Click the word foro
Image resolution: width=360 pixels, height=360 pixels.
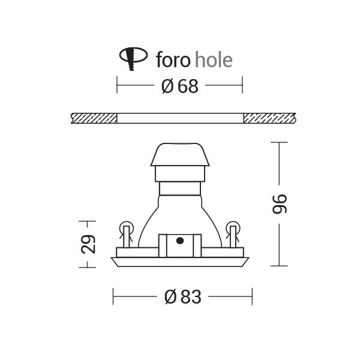click(x=173, y=59)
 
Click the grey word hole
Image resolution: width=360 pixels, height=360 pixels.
click(x=214, y=59)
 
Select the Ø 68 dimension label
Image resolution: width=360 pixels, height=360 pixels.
click(x=179, y=86)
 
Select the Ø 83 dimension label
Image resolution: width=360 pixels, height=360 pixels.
click(x=182, y=296)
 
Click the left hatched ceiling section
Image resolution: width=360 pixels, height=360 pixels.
click(x=93, y=118)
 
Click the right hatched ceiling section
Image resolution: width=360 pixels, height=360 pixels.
click(x=269, y=118)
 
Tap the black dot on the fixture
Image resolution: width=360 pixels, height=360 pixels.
click(x=179, y=241)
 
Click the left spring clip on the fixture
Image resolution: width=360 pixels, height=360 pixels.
click(x=126, y=234)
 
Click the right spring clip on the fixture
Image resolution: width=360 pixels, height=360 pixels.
click(x=233, y=234)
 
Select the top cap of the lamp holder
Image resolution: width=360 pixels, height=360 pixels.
click(x=180, y=154)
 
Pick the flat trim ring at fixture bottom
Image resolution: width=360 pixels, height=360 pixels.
click(x=180, y=262)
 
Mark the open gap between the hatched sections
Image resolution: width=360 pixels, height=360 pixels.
click(x=180, y=118)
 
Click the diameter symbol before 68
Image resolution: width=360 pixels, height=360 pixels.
click(x=167, y=86)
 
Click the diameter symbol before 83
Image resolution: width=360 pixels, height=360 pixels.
click(x=170, y=296)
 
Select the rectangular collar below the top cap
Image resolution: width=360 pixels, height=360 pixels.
click(x=180, y=174)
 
